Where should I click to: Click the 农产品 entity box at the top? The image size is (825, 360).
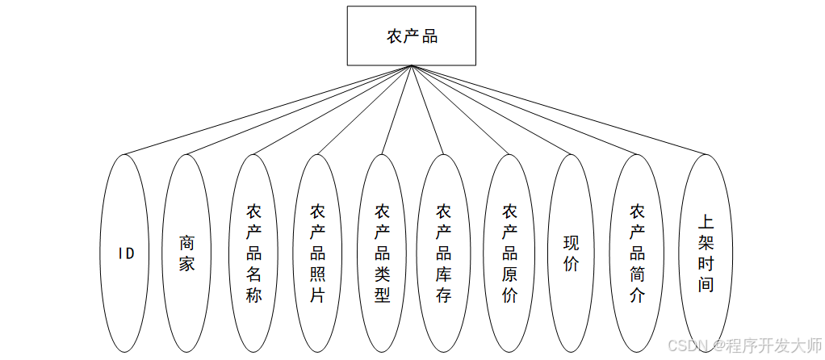[412, 36]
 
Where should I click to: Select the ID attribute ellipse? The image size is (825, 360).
[125, 253]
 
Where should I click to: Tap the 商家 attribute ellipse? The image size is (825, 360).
[186, 253]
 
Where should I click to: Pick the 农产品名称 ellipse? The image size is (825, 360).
[254, 253]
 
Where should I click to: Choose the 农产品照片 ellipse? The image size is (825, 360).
[317, 253]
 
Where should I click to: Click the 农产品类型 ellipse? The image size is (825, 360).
[382, 253]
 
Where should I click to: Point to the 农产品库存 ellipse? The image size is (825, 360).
[443, 253]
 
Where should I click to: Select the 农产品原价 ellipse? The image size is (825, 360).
[509, 253]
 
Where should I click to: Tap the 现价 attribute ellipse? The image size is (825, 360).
[572, 253]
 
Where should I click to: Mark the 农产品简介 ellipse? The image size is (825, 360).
[637, 253]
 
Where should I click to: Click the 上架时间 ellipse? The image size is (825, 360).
[706, 253]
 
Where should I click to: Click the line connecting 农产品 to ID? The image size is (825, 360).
[268, 110]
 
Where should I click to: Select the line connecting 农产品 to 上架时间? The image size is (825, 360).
[557, 110]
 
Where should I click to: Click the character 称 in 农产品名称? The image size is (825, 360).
[254, 295]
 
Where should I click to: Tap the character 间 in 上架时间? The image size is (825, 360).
[706, 284]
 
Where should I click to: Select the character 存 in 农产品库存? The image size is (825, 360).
[443, 295]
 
